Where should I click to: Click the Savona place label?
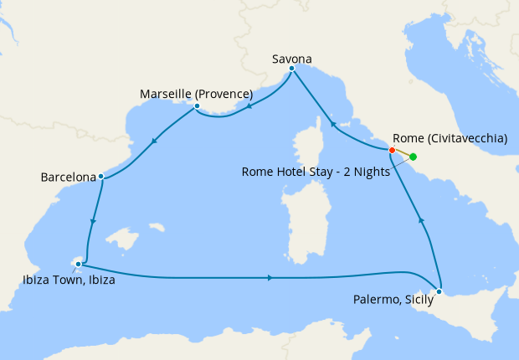tap(292, 59)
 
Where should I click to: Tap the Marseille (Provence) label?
tap(196, 94)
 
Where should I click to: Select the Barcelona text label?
tap(68, 177)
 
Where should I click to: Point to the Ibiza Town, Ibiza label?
tap(69, 280)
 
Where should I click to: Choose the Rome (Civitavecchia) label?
tap(450, 139)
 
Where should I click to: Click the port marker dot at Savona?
tap(291, 69)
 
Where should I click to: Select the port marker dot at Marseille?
tap(196, 105)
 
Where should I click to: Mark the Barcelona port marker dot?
tap(100, 177)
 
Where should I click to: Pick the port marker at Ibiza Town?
tap(78, 265)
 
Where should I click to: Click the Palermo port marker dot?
tap(440, 291)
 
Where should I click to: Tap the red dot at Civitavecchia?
tap(392, 150)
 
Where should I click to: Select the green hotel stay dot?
tap(413, 157)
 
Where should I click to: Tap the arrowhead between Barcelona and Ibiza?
tap(93, 222)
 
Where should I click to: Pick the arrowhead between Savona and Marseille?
tap(249, 107)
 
